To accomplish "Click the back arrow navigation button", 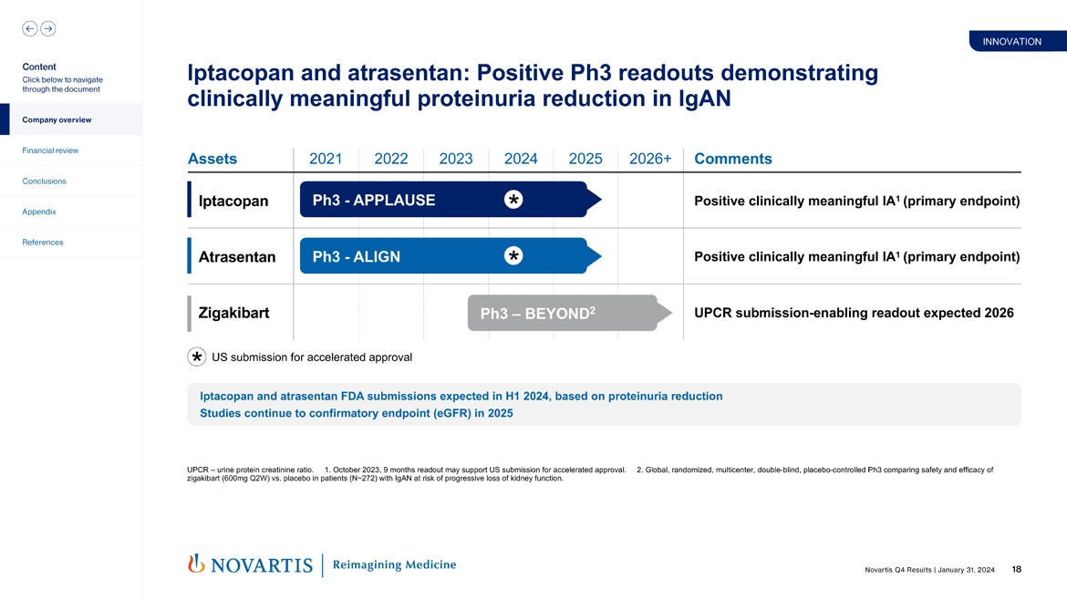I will click(x=29, y=28).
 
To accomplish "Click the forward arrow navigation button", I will click(x=48, y=28).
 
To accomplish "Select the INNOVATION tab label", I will click(x=1011, y=42).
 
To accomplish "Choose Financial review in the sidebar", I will click(x=51, y=150).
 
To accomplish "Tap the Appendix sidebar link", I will click(x=39, y=212).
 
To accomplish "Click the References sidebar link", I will click(x=44, y=243).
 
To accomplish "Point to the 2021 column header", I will click(x=326, y=159).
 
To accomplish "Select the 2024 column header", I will click(x=521, y=159).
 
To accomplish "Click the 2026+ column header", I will click(x=650, y=159).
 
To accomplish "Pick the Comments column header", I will click(x=733, y=159).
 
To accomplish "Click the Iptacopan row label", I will click(x=233, y=201).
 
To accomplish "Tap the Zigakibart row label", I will click(x=233, y=314).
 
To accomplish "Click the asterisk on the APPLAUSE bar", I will click(x=513, y=200).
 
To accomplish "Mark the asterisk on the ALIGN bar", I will click(x=513, y=256).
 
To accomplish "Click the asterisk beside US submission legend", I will click(x=196, y=357).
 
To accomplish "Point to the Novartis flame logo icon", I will click(x=196, y=564).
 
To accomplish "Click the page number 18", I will click(x=1016, y=570).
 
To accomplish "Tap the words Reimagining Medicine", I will click(x=395, y=565).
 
